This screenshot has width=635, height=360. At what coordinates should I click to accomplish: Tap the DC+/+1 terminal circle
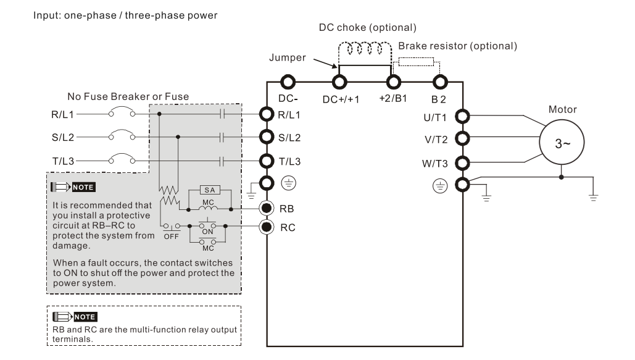[338, 83]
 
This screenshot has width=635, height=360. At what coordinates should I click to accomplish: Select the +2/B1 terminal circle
[392, 83]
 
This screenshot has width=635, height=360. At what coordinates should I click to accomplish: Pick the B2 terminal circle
[440, 83]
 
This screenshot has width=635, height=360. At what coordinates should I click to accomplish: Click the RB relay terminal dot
[267, 207]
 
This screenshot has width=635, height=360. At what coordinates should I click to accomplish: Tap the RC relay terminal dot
[267, 226]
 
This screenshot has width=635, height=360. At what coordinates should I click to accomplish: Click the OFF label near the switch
[170, 236]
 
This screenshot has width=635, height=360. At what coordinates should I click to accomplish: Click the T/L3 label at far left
[63, 159]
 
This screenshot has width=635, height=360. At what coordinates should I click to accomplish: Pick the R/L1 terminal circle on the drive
[267, 114]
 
